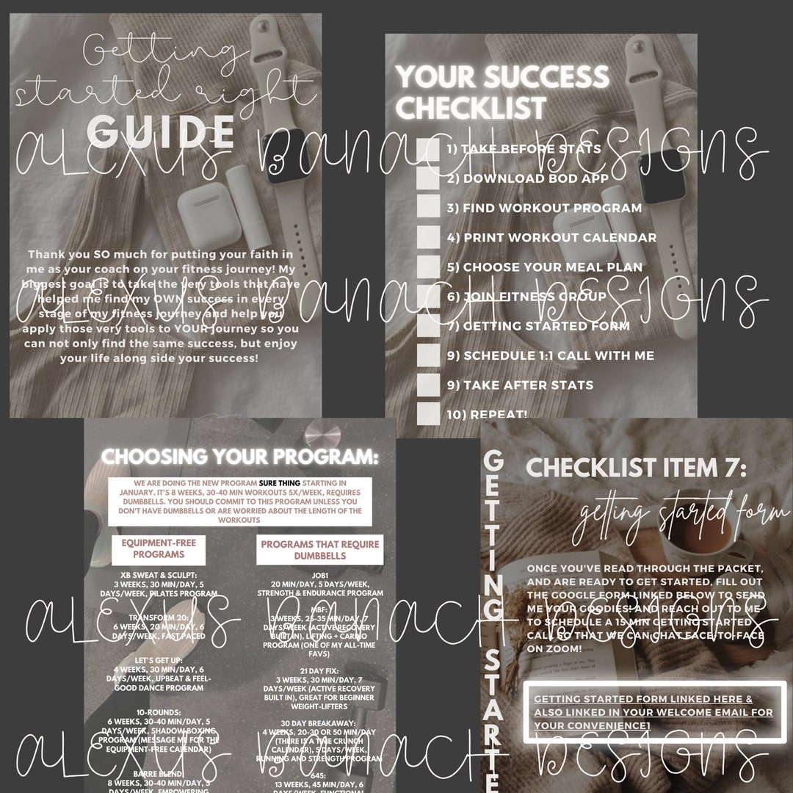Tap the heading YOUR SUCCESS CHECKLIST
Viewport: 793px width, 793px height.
pos(503,92)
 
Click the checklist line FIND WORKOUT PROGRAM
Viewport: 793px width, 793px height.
pos(544,208)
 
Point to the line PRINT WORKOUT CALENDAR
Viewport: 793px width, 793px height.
pos(551,237)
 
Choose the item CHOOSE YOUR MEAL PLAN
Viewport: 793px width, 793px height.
pos(544,267)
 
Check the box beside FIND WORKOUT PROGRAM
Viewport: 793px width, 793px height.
pos(428,208)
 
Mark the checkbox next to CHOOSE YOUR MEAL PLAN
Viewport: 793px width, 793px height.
pos(428,267)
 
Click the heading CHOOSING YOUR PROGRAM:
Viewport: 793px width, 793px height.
pos(239,457)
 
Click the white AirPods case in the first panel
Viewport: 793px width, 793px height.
pos(199,223)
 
